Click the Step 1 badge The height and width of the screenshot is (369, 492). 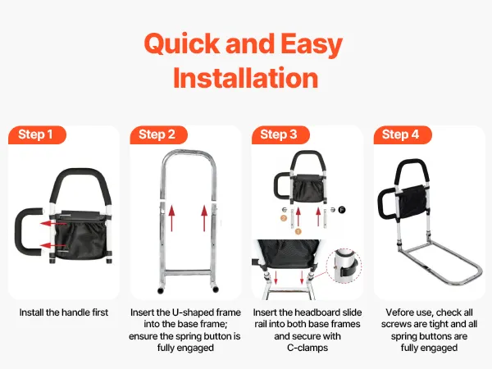tap(38, 134)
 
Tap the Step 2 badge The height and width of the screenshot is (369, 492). tap(159, 134)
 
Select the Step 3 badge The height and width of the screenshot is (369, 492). tap(280, 134)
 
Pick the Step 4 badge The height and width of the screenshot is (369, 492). tap(403, 134)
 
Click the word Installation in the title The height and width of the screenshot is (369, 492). tap(246, 78)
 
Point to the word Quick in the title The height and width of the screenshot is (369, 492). tap(182, 43)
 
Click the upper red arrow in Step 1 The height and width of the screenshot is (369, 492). tap(52, 223)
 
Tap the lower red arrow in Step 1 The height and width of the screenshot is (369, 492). tap(52, 245)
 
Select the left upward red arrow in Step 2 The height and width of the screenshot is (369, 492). tap(171, 218)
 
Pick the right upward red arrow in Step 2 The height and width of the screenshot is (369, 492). tap(204, 218)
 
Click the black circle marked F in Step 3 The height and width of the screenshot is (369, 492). tap(342, 210)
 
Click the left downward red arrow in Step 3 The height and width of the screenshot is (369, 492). tap(276, 277)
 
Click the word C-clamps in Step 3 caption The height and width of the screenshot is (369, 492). tap(307, 348)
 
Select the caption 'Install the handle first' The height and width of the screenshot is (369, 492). tap(64, 312)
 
